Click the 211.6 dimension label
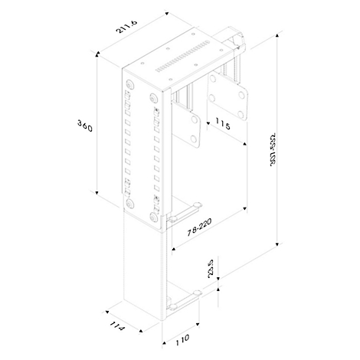point(126,26)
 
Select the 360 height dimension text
point(85,126)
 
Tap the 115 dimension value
point(223,123)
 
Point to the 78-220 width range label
point(199,227)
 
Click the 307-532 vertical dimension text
point(273,149)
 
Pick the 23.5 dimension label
point(211,269)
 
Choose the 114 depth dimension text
point(117,326)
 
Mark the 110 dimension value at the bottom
point(182,340)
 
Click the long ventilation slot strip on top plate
point(183,56)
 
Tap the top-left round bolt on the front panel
point(129,84)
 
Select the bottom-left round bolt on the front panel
point(129,204)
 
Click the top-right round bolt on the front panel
point(153,97)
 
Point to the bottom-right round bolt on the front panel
point(154,218)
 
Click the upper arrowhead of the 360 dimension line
point(97,54)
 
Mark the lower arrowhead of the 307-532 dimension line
point(277,244)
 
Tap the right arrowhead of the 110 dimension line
point(198,325)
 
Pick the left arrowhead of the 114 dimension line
point(107,312)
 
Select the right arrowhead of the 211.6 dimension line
point(166,13)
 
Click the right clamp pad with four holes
point(227,95)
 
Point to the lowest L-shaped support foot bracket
point(183,300)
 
